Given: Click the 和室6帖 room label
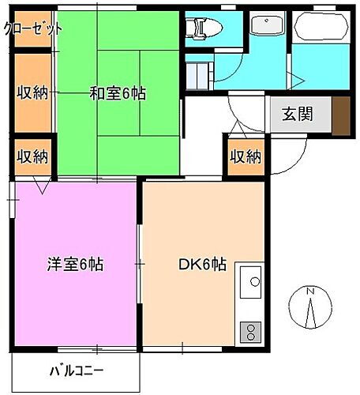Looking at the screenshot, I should (x=118, y=92).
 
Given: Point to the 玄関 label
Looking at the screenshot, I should (x=297, y=113).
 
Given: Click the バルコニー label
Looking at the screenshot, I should (x=77, y=371).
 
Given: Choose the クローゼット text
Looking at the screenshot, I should (x=33, y=29).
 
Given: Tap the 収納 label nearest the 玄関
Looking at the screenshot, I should (x=245, y=156).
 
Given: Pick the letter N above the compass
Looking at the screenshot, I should (x=310, y=291).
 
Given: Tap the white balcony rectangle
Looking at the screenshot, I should (x=77, y=371).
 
